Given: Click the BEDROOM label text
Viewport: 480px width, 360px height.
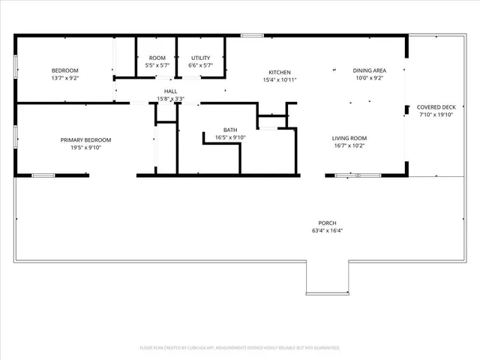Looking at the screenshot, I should pyautogui.click(x=64, y=70).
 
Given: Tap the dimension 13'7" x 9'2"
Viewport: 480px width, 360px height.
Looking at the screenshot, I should pyautogui.click(x=64, y=78).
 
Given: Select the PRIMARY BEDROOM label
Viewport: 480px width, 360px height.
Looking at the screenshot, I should pyautogui.click(x=85, y=139).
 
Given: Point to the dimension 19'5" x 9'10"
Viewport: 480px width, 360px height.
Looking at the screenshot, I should pyautogui.click(x=85, y=147).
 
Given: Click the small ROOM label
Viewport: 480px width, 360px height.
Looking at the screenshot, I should pyautogui.click(x=157, y=58).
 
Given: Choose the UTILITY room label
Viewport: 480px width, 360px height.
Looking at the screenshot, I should pyautogui.click(x=200, y=58).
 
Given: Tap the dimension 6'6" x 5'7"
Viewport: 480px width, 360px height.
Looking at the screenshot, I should pyautogui.click(x=200, y=65).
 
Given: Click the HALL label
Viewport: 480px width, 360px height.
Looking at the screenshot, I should pyautogui.click(x=170, y=91).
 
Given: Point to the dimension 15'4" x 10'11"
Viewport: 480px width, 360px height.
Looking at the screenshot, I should pyautogui.click(x=280, y=79).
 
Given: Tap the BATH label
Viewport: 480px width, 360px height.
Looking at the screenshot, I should pyautogui.click(x=230, y=130).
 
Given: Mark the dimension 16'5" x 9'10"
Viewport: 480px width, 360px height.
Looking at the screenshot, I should pyautogui.click(x=230, y=137).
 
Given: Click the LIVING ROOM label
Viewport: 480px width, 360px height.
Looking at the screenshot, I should pyautogui.click(x=349, y=138).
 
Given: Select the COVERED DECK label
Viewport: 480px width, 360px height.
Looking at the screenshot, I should pyautogui.click(x=436, y=107).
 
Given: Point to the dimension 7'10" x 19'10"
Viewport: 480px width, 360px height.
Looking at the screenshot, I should pyautogui.click(x=436, y=115).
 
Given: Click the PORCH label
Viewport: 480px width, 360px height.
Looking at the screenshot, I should pyautogui.click(x=327, y=223).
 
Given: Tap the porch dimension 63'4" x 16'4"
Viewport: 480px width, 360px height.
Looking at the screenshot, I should pyautogui.click(x=327, y=231).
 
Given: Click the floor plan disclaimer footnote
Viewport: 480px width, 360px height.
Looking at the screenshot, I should pyautogui.click(x=240, y=348).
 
